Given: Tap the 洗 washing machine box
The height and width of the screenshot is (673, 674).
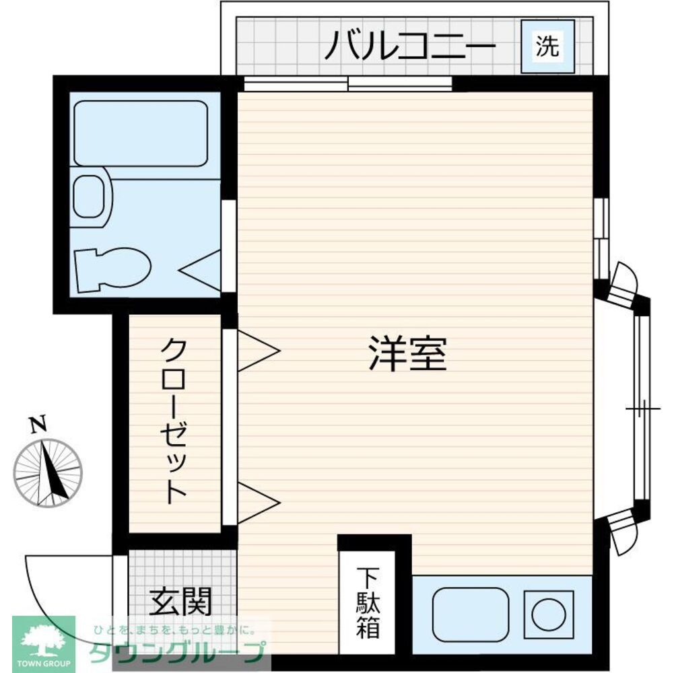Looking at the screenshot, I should pyautogui.click(x=548, y=46).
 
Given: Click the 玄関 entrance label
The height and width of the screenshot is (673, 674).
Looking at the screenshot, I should pyautogui.click(x=180, y=601).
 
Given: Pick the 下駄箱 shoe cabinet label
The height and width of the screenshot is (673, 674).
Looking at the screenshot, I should pyautogui.click(x=368, y=603).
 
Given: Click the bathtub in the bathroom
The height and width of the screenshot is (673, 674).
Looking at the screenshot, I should pyautogui.click(x=140, y=133).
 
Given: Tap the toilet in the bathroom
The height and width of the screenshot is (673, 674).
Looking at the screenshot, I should pyautogui.click(x=111, y=269).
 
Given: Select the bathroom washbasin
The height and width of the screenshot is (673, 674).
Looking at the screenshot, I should pyautogui.click(x=90, y=197).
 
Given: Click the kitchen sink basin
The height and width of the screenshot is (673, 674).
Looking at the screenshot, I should pyautogui.click(x=470, y=612).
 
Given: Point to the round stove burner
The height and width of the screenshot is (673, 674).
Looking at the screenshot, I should pyautogui.click(x=547, y=612).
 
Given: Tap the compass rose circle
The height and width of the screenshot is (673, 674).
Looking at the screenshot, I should pyautogui.click(x=48, y=472).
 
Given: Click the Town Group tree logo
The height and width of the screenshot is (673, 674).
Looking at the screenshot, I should pyautogui.click(x=42, y=639).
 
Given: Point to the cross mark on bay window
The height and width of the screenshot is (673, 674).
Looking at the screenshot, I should pyautogui.click(x=642, y=409).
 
